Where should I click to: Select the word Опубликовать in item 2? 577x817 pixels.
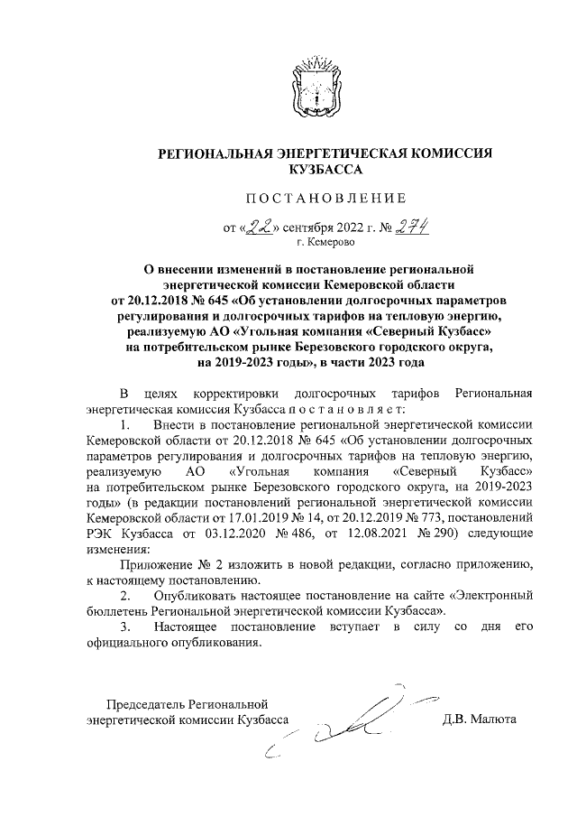tap(197, 597)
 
